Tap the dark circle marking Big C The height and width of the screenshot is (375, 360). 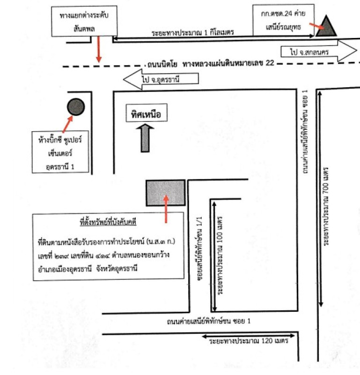76,107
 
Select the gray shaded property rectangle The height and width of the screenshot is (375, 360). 166,193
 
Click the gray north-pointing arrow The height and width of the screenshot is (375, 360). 145,138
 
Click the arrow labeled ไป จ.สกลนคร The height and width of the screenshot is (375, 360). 319,51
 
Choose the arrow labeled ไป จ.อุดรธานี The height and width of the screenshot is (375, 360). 161,79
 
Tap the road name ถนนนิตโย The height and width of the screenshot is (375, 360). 162,64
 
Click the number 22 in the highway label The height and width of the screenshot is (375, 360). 270,63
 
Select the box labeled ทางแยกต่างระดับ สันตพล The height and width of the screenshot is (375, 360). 84,21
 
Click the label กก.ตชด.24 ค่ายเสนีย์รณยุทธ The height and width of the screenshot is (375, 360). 283,20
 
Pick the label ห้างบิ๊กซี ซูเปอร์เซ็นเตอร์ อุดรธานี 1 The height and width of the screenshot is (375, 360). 60,152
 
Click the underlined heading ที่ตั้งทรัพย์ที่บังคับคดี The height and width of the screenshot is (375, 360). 108,222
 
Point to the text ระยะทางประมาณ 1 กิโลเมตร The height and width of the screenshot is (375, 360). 192,32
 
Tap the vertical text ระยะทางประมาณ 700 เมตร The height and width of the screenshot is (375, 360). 326,206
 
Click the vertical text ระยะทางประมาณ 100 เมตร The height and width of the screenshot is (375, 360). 220,255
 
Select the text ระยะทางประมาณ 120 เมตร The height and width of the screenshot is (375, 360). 249,341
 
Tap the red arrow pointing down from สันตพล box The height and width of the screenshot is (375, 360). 99,50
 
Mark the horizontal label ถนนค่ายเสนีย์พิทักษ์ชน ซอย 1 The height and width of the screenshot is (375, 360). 208,321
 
